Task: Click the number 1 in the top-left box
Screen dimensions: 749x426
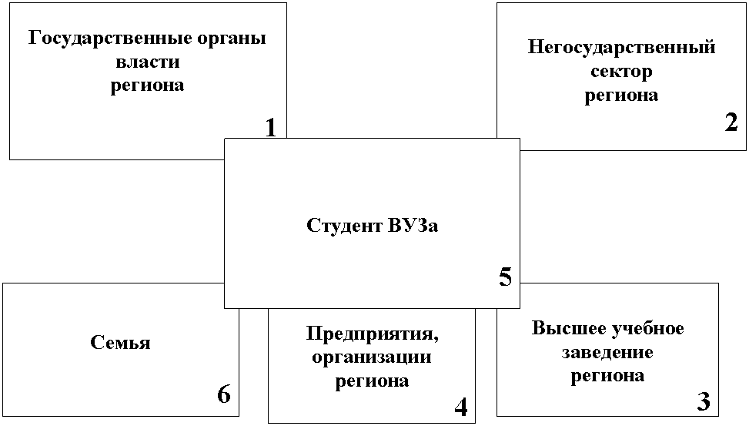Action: tap(271, 128)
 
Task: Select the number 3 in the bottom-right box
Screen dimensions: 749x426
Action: tap(704, 401)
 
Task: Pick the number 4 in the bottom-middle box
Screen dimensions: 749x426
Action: tap(461, 407)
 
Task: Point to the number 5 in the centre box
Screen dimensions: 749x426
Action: tap(506, 277)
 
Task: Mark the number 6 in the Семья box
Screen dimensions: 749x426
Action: tap(224, 394)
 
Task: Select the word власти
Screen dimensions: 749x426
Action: tap(148, 62)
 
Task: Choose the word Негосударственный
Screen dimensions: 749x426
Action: tap(621, 48)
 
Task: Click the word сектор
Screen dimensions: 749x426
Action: tap(621, 72)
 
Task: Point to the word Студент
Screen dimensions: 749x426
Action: tap(344, 226)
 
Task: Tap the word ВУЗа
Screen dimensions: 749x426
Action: tap(413, 225)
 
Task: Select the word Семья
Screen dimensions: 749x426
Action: tap(120, 342)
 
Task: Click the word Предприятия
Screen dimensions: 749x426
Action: tap(372, 334)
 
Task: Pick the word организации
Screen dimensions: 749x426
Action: tap(372, 357)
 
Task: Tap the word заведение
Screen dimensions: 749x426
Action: tap(607, 353)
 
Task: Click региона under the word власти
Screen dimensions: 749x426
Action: tap(147, 86)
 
